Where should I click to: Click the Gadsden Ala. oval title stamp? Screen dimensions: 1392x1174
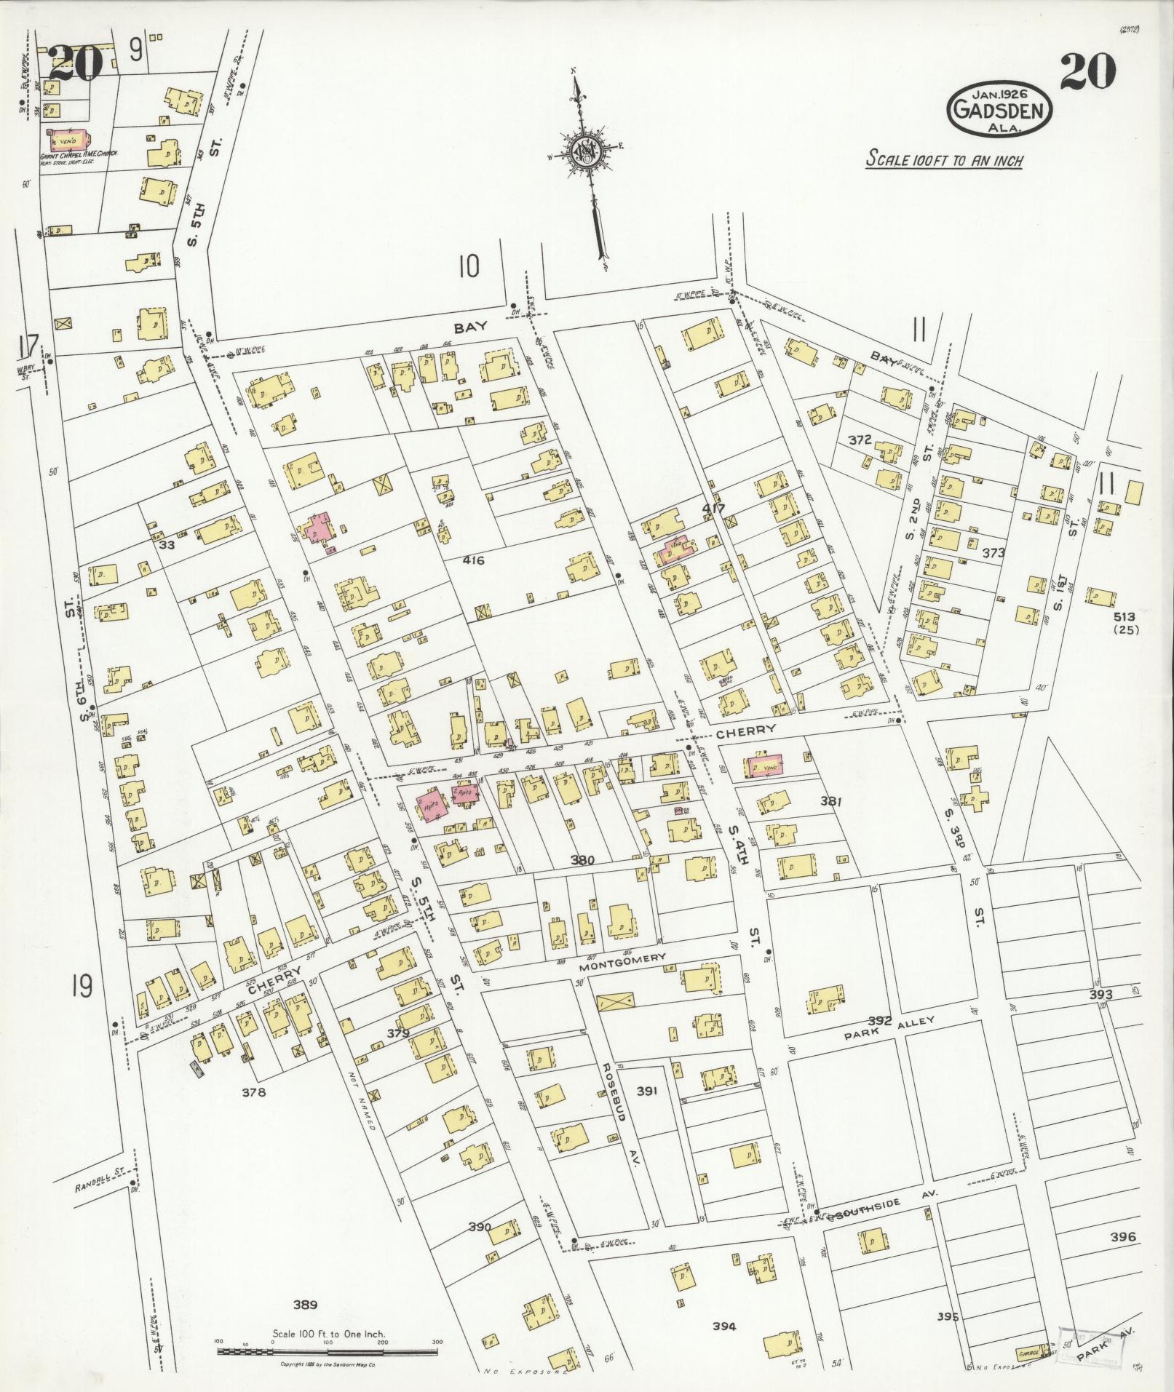coord(999,110)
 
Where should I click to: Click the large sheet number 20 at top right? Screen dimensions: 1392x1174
coord(1087,71)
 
